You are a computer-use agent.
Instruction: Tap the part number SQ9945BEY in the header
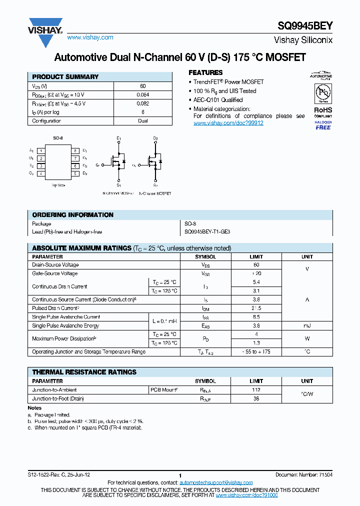[x=305, y=26]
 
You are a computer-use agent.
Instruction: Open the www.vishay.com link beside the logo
[x=90, y=37]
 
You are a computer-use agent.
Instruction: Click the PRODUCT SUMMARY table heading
[x=65, y=77]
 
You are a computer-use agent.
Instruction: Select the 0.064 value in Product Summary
[x=143, y=95]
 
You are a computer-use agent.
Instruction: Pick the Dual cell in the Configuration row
[x=143, y=121]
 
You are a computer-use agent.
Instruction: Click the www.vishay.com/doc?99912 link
[x=228, y=123]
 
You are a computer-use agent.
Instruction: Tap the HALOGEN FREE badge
[x=323, y=125]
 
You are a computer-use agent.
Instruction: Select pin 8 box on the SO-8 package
[x=75, y=150]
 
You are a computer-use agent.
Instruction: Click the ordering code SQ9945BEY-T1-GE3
[x=207, y=232]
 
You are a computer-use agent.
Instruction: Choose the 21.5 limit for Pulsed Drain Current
[x=256, y=308]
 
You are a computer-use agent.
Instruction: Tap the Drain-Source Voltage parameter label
[x=55, y=265]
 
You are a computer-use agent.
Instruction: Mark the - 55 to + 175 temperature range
[x=256, y=352]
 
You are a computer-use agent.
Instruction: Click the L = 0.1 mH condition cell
[x=164, y=321]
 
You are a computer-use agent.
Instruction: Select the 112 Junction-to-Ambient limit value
[x=256, y=390]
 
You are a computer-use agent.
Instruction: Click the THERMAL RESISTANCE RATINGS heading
[x=84, y=372]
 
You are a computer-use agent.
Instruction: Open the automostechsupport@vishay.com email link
[x=216, y=482]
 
